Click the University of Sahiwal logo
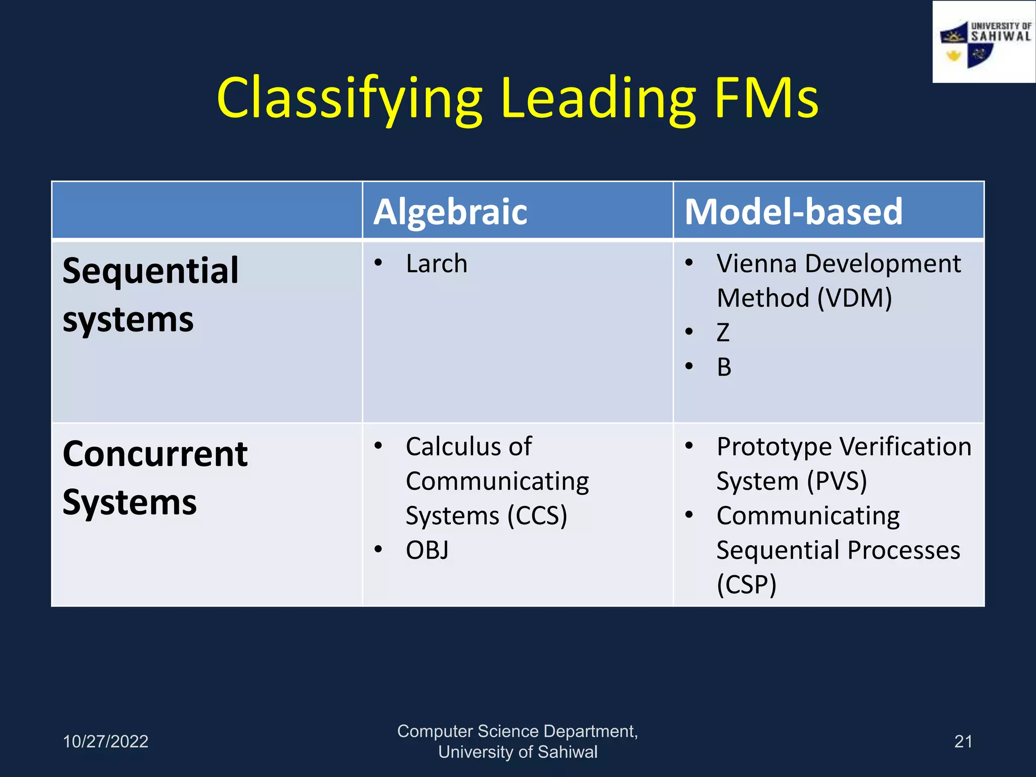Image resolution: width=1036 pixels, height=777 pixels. [x=983, y=42]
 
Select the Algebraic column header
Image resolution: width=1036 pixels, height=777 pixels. [x=450, y=211]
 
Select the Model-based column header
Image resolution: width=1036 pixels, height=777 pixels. [x=793, y=211]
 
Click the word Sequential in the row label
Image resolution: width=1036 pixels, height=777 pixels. [x=150, y=271]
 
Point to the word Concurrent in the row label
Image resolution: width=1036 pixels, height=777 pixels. [x=155, y=454]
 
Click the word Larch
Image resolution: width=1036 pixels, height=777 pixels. [x=437, y=264]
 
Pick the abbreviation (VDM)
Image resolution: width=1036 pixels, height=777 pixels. [x=854, y=298]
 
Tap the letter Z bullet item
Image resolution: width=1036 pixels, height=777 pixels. [x=723, y=333]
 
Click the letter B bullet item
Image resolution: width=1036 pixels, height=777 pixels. [x=724, y=367]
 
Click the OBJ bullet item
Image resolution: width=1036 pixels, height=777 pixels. [x=427, y=550]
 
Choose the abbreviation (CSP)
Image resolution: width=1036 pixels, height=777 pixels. [x=746, y=585]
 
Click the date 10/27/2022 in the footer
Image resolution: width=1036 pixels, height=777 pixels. [x=105, y=742]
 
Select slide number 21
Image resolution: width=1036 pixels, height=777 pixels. [x=963, y=742]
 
